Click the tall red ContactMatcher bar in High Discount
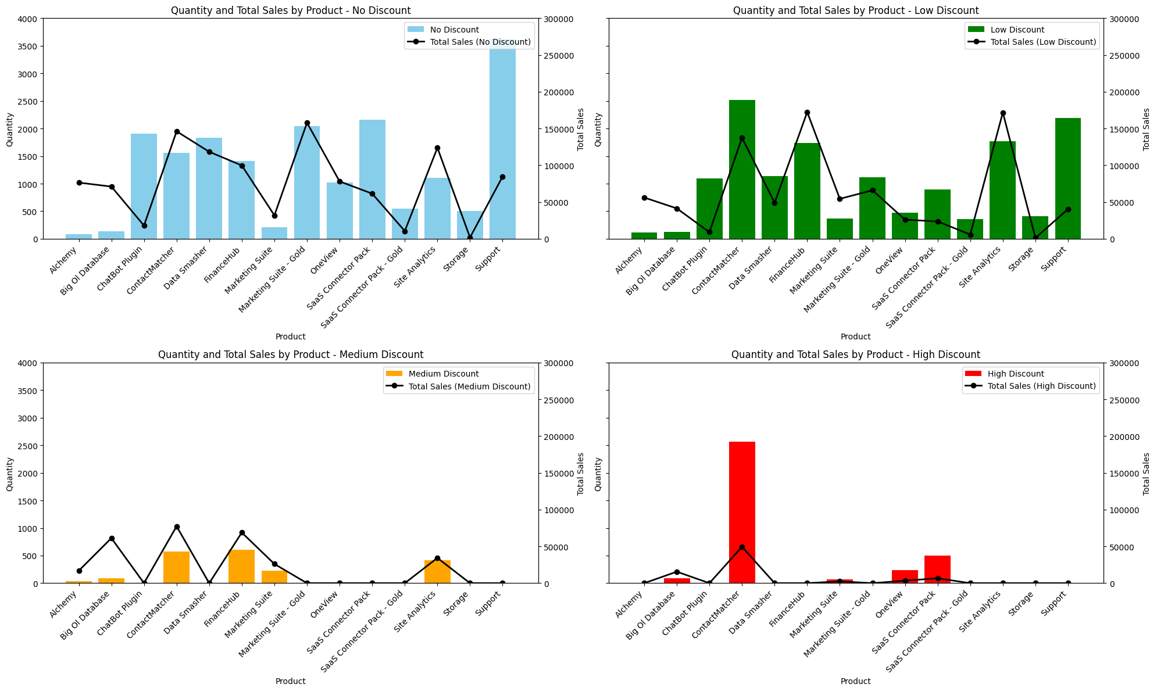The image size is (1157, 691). (742, 512)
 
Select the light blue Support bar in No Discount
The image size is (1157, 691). (502, 139)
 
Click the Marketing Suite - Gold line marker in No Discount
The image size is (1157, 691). (307, 123)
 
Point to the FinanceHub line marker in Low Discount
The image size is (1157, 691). (807, 112)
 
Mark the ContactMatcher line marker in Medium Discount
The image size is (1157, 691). (177, 527)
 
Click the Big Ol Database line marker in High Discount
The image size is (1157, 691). (677, 572)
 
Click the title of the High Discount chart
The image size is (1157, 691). (855, 355)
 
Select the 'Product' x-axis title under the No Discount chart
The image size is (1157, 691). (290, 336)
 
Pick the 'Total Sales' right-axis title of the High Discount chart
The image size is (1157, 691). (1146, 474)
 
